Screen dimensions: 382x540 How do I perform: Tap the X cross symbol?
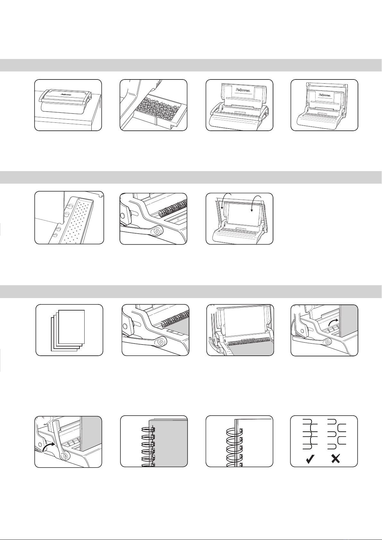pyautogui.click(x=336, y=459)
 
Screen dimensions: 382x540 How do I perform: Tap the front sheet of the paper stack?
pyautogui.click(x=71, y=327)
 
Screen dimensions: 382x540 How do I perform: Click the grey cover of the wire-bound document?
pyautogui.click(x=169, y=444)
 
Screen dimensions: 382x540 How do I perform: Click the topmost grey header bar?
pyautogui.click(x=191, y=65)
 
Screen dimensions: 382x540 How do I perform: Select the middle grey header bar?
pyautogui.click(x=191, y=177)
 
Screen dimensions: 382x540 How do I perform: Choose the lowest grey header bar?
pyautogui.click(x=191, y=292)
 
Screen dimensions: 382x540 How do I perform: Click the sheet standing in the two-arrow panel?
pyautogui.click(x=244, y=214)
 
